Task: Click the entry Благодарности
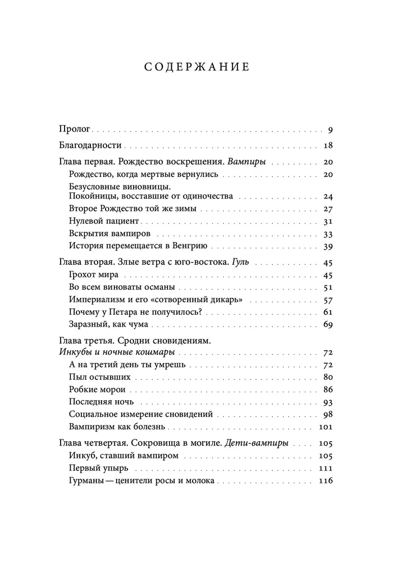(90, 146)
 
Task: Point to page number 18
(328, 146)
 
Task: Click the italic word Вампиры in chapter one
(245, 162)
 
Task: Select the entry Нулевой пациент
(100, 221)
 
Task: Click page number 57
(328, 300)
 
